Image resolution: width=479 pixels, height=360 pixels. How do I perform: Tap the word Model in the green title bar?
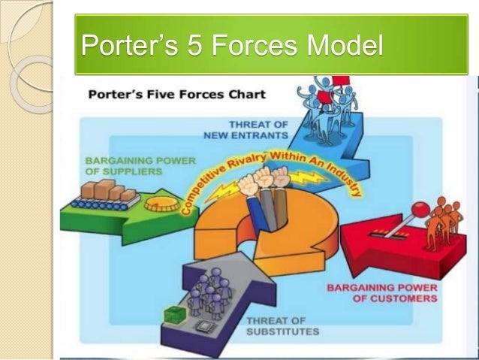coord(342,46)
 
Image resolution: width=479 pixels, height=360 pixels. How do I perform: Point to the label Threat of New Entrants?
coord(249,129)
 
